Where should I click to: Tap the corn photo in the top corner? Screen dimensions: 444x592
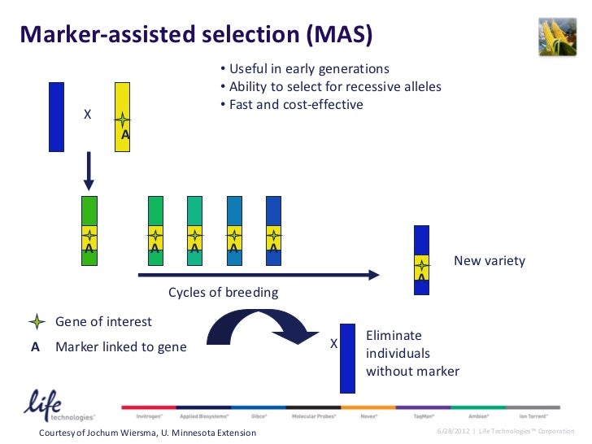pos(557,34)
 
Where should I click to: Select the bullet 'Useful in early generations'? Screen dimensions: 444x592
pos(308,69)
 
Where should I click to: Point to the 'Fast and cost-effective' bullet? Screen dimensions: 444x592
pos(295,105)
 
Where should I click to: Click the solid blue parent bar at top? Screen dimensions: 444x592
pos(56,116)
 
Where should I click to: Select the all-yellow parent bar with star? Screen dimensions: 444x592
pos(122,117)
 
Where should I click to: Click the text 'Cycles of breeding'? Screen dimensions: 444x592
pos(223,293)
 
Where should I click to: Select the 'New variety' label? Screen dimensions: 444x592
pos(489,261)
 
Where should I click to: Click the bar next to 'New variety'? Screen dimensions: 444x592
pos(421,253)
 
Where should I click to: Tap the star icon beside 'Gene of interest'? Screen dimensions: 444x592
pos(35,322)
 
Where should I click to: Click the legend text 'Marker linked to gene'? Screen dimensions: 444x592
pos(120,347)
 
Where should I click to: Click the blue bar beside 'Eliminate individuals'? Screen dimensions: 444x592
pos(347,358)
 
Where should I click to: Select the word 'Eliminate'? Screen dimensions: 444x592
pos(394,336)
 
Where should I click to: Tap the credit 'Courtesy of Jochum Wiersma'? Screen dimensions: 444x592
pos(147,432)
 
